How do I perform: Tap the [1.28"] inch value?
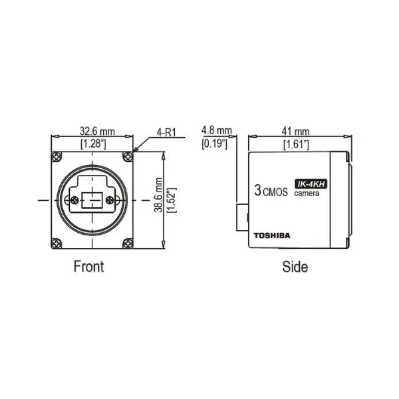tap(92, 143)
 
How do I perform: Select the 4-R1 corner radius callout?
tap(166, 132)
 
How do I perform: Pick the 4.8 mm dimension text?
tap(216, 131)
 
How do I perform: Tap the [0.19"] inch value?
tap(216, 143)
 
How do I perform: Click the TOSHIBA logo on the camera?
tap(273, 234)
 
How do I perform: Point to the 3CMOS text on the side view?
tap(270, 191)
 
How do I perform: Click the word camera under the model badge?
tap(307, 194)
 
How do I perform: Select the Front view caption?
tap(88, 267)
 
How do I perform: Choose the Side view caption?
tap(295, 267)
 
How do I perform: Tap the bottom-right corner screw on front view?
tap(127, 243)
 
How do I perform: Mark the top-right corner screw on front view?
tap(127, 157)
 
